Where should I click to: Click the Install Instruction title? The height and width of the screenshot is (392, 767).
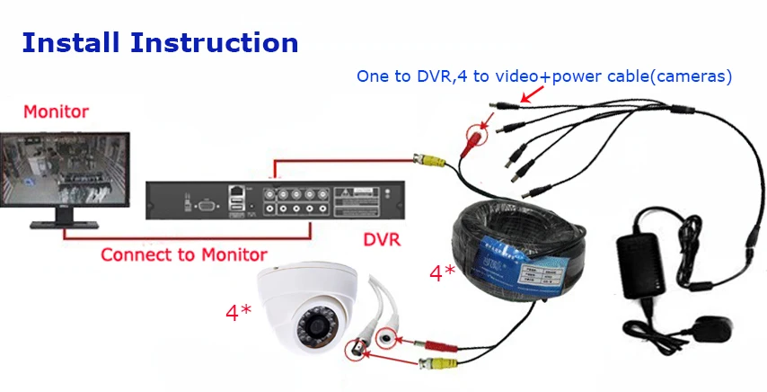click(159, 42)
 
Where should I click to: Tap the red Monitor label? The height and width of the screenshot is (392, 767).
click(56, 112)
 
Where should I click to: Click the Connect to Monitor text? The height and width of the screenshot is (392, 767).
click(183, 254)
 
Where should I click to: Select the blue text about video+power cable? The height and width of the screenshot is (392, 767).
click(544, 77)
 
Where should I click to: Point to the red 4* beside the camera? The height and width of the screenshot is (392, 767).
click(238, 313)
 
